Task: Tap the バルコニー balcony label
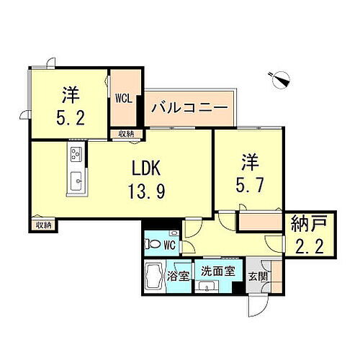click(x=189, y=110)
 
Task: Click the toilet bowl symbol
click(x=152, y=244)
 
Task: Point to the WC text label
click(x=170, y=245)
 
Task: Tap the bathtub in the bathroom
click(x=154, y=277)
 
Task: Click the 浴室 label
click(x=179, y=274)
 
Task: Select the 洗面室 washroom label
click(x=217, y=272)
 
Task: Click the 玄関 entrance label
click(x=256, y=274)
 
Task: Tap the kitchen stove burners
click(x=76, y=153)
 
